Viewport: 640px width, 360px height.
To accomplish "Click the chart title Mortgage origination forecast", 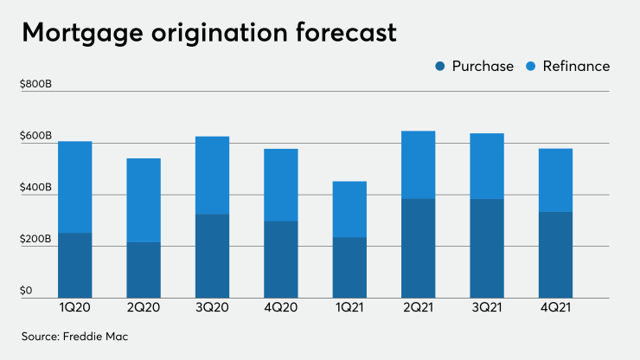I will coord(209,33).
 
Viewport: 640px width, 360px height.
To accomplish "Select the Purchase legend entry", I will coord(475,67).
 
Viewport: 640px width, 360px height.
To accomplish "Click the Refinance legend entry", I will coord(568,67).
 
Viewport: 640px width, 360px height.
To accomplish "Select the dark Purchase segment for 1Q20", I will coord(75,265).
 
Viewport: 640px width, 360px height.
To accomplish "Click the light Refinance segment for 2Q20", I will coord(144,200).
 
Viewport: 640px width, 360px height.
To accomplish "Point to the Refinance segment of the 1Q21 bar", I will coord(349,209).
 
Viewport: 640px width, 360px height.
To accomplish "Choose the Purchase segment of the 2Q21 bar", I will coord(418,248).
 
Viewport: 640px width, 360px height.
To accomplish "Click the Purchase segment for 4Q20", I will coord(280,259).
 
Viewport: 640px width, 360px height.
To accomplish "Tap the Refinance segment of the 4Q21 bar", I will coord(555,180).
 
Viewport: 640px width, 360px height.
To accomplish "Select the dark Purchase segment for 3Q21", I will coord(486,248).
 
